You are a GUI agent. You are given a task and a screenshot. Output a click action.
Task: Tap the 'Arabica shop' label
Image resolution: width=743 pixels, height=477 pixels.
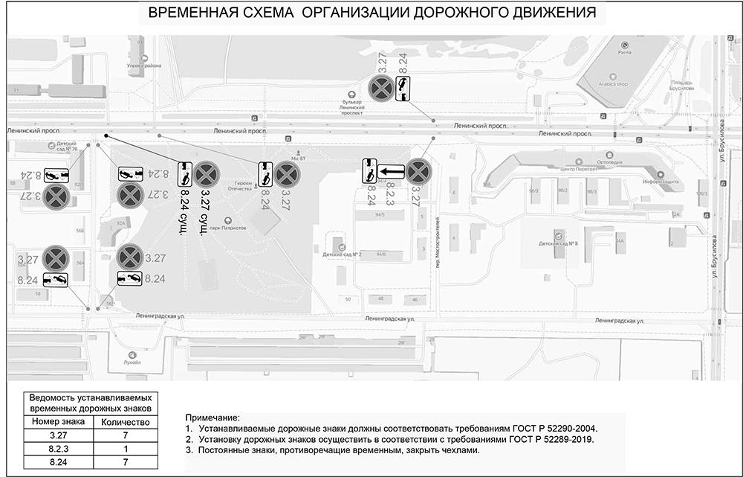point(613,84)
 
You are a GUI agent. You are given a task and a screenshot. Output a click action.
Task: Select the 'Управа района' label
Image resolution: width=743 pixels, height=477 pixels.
point(143,65)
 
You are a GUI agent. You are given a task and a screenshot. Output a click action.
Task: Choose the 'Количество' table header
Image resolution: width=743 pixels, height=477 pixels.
point(125,421)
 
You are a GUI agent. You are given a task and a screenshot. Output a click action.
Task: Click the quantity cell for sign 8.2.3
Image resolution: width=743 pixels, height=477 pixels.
point(125,449)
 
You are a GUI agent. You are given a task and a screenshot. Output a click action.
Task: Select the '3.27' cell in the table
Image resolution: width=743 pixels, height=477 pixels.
point(57,435)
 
